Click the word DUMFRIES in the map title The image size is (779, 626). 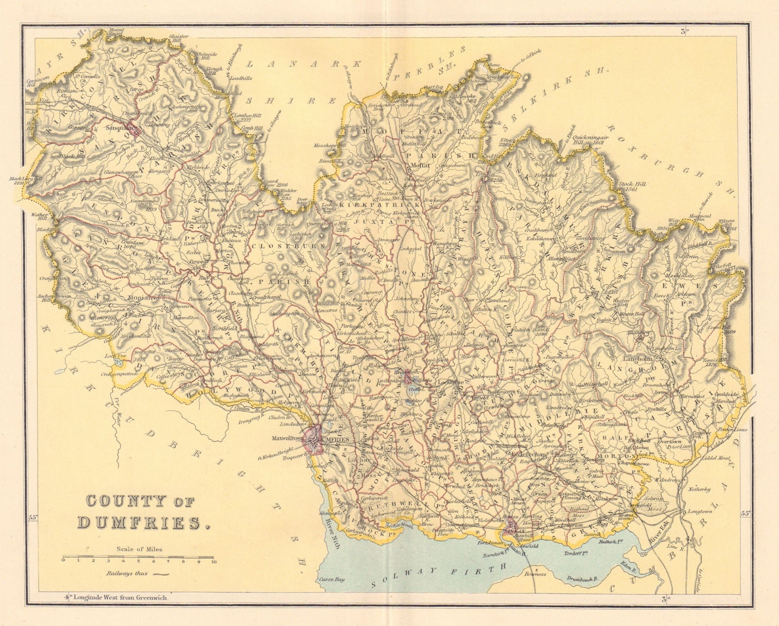click(x=138, y=522)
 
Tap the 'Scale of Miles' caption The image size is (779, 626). click(x=139, y=549)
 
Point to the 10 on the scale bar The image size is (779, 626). click(x=213, y=561)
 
